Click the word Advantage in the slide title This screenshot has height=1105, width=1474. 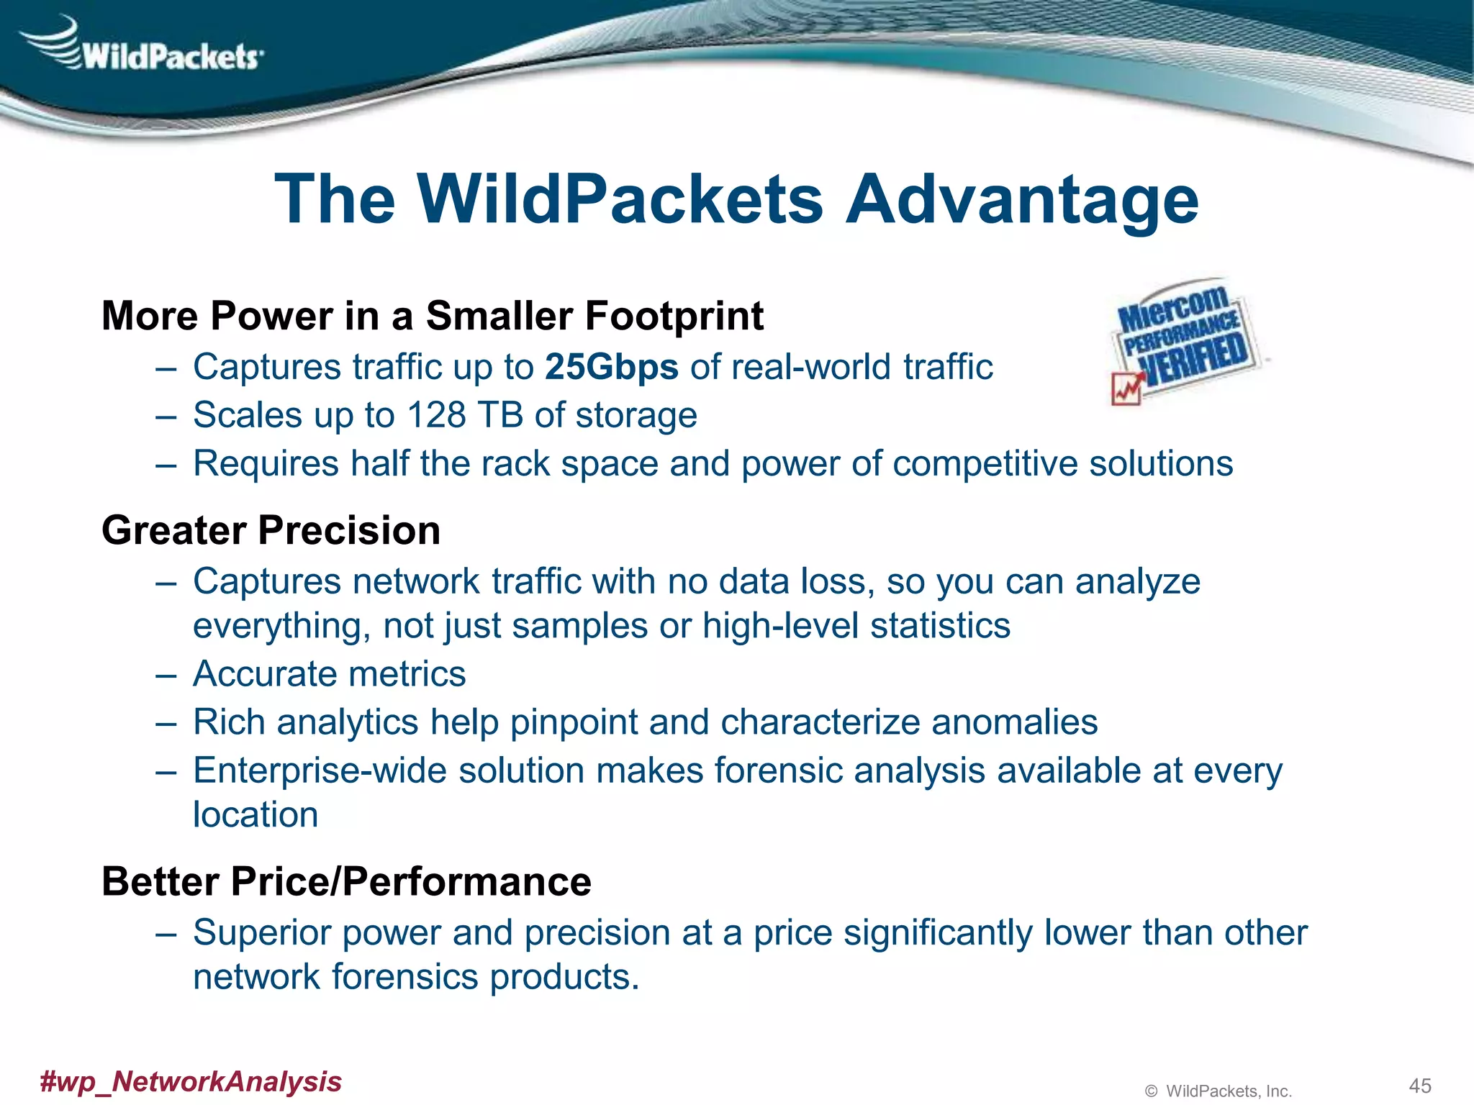click(x=1022, y=200)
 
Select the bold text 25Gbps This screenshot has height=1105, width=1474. click(x=612, y=368)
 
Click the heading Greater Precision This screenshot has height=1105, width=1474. click(x=271, y=531)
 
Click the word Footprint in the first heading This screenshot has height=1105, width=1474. click(x=674, y=317)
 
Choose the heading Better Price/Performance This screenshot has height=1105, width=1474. click(x=346, y=882)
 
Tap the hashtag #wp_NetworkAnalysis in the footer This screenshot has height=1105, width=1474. click(x=191, y=1081)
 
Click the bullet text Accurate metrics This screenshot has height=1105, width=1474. click(x=329, y=675)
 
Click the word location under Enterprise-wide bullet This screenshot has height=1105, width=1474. click(x=256, y=815)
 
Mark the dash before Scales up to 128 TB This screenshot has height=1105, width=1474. click(x=166, y=416)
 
